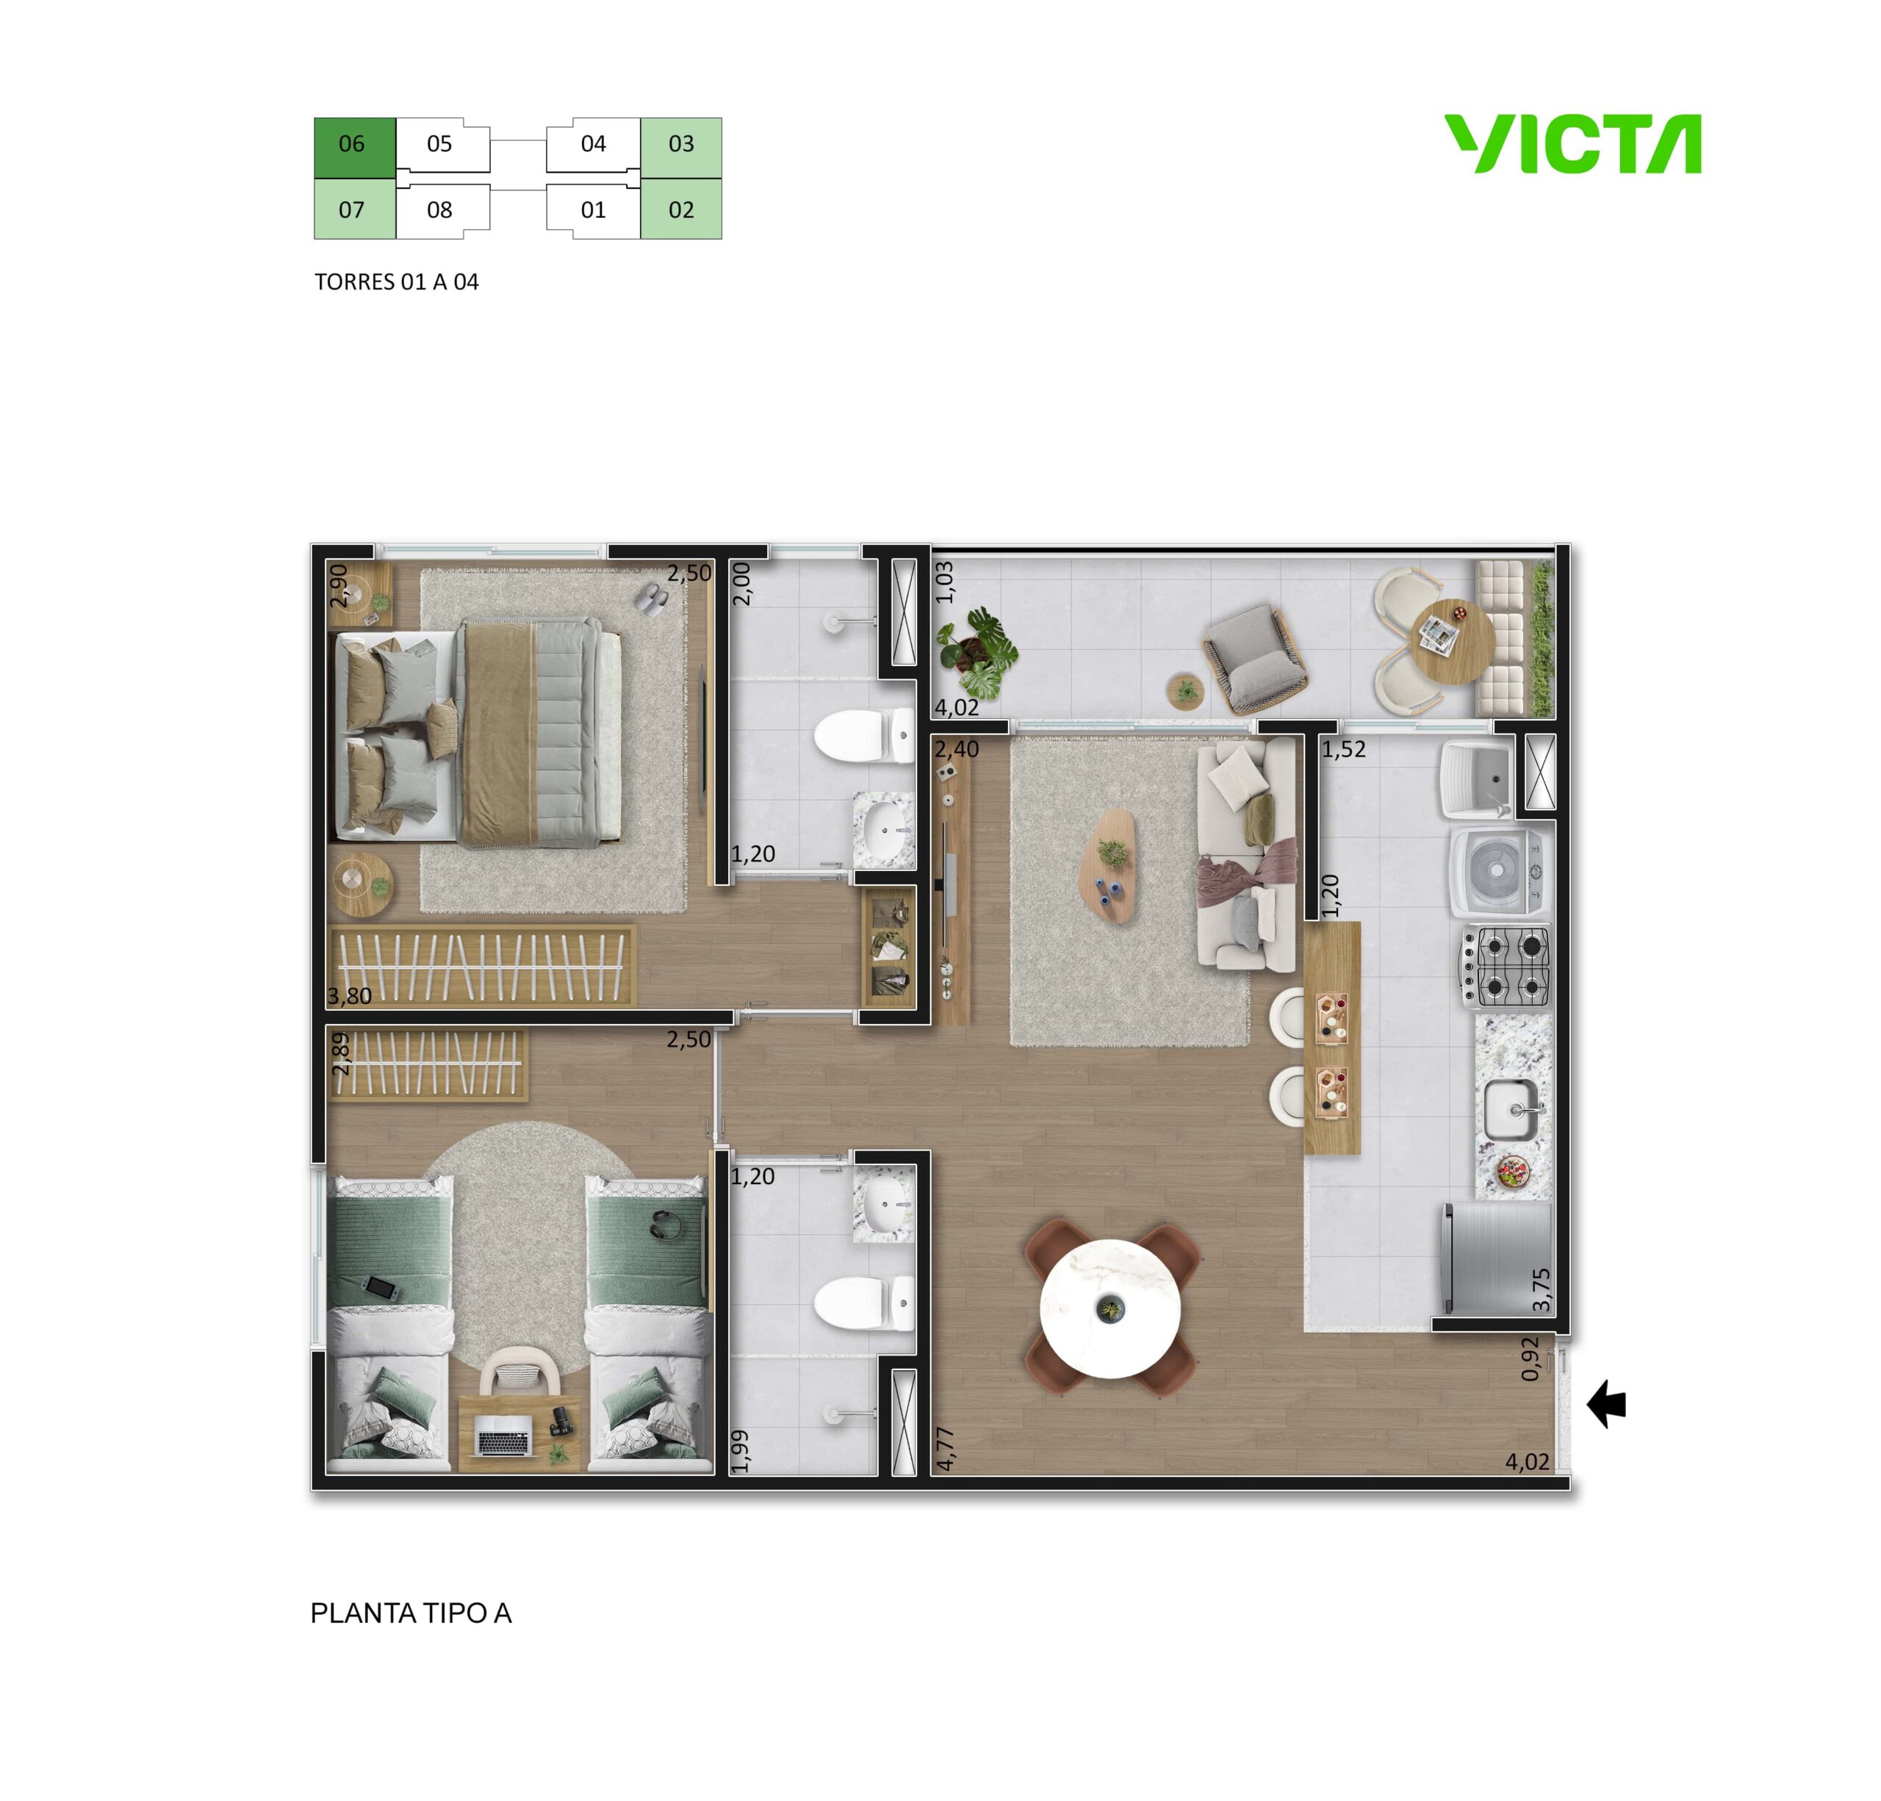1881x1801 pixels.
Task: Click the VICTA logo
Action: click(x=1573, y=144)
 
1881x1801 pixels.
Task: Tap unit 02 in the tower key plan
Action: click(x=680, y=210)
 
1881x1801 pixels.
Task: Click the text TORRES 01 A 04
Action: click(x=396, y=282)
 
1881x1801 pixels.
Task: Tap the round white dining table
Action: click(x=1110, y=1308)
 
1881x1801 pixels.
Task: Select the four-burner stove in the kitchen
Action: click(x=1505, y=967)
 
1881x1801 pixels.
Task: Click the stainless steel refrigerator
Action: click(x=1496, y=1258)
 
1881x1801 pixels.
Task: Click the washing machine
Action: click(x=1496, y=873)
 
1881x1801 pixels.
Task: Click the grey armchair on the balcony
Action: click(x=1254, y=659)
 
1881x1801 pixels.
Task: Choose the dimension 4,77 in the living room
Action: click(x=946, y=1447)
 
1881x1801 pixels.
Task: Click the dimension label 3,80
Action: click(x=349, y=995)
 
